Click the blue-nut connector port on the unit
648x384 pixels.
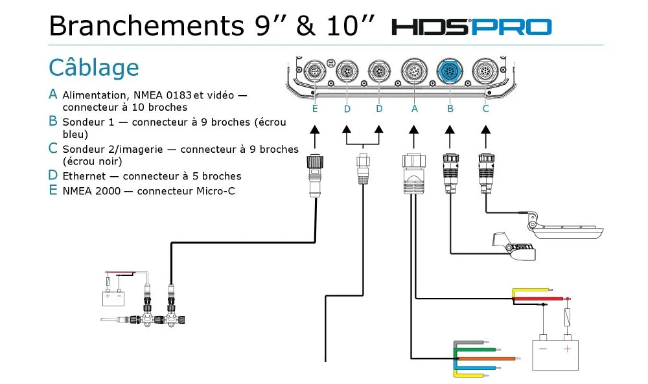(450, 70)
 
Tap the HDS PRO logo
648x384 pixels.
(471, 27)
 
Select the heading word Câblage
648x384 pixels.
(94, 67)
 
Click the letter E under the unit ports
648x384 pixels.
(315, 109)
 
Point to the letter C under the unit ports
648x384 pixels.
(485, 109)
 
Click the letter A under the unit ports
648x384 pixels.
(415, 109)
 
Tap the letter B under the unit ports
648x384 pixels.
(450, 109)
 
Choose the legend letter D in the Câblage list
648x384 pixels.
(53, 175)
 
